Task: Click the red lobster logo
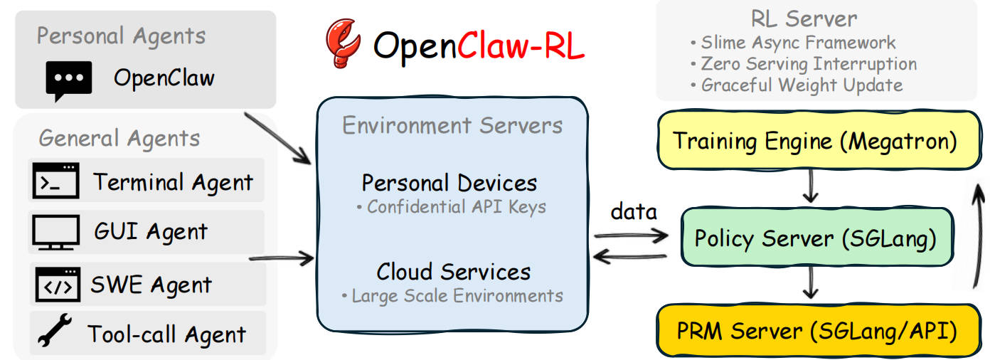(342, 43)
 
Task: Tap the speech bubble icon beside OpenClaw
(69, 80)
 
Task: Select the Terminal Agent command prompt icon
(56, 181)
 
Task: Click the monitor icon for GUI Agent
(55, 232)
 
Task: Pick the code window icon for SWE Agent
(58, 285)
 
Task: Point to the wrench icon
(55, 333)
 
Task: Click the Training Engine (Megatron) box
(815, 141)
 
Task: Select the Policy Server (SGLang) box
(815, 238)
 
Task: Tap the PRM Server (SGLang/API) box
(815, 331)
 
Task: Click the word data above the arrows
(634, 211)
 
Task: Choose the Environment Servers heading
(452, 126)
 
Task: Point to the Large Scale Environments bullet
(452, 295)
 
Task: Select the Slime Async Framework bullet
(792, 43)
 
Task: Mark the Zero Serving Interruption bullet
(803, 64)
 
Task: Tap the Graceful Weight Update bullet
(796, 85)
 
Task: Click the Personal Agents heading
(121, 36)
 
